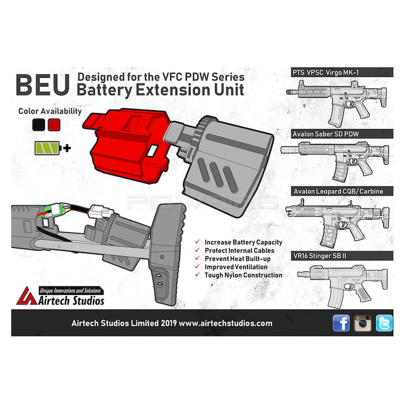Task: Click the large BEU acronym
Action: point(42,85)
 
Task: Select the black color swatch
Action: point(39,125)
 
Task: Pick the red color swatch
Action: point(54,125)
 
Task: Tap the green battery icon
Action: point(48,148)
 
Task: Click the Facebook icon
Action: point(341,323)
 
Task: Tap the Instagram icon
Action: point(363,323)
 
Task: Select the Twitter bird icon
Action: point(384,323)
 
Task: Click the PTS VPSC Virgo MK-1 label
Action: point(325,73)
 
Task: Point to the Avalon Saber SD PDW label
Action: point(326,134)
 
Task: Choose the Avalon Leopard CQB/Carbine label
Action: point(338,191)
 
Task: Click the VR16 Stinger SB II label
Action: point(320,256)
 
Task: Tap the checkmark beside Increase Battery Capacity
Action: point(197,242)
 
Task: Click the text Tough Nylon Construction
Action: point(243,275)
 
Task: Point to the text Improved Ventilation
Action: point(236,267)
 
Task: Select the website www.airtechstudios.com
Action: point(225,323)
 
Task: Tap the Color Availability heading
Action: point(50,111)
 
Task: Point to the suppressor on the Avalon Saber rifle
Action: point(290,149)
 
